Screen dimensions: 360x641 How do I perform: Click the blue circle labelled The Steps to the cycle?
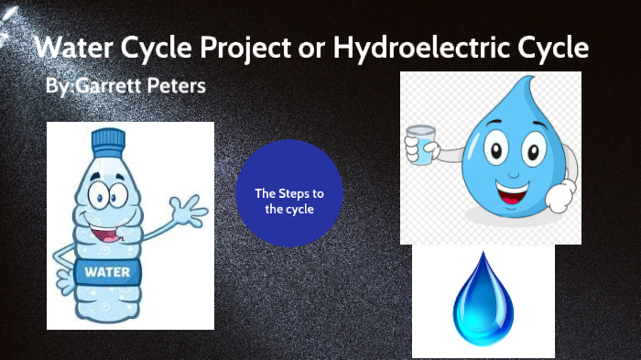[288, 193]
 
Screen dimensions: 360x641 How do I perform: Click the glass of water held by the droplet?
[421, 145]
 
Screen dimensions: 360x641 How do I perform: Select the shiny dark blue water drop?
[483, 299]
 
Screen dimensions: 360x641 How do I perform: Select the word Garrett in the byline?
[105, 87]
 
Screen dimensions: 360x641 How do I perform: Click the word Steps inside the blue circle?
[297, 193]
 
